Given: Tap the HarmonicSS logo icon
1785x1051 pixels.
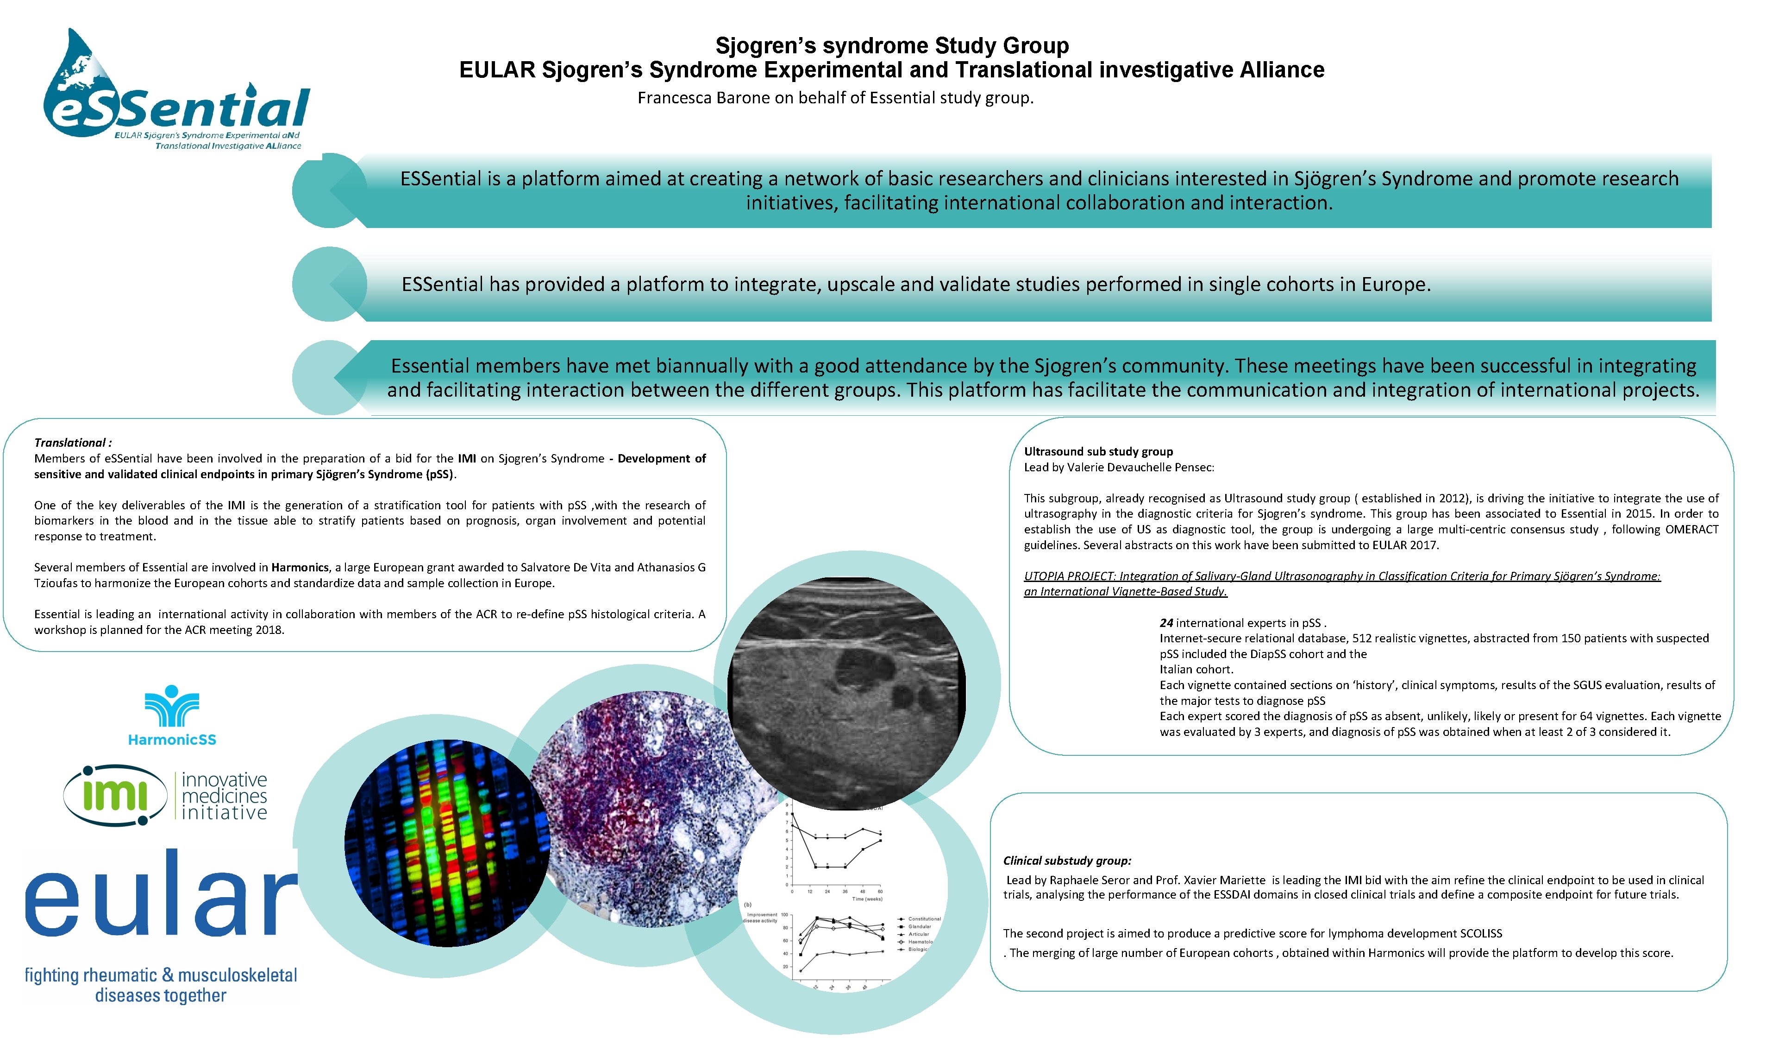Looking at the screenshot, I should pos(171,707).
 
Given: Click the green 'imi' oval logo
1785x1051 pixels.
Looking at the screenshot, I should pos(115,795).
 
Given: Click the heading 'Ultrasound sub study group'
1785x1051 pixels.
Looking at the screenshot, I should pos(1098,451).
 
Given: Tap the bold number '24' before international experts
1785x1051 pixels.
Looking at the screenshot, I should pos(1166,623).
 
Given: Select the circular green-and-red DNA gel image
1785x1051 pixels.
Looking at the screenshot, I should pos(446,843).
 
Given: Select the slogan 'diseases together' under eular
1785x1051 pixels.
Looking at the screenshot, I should pos(161,996).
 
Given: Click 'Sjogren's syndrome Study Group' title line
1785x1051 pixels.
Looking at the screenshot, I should pos(892,45).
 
